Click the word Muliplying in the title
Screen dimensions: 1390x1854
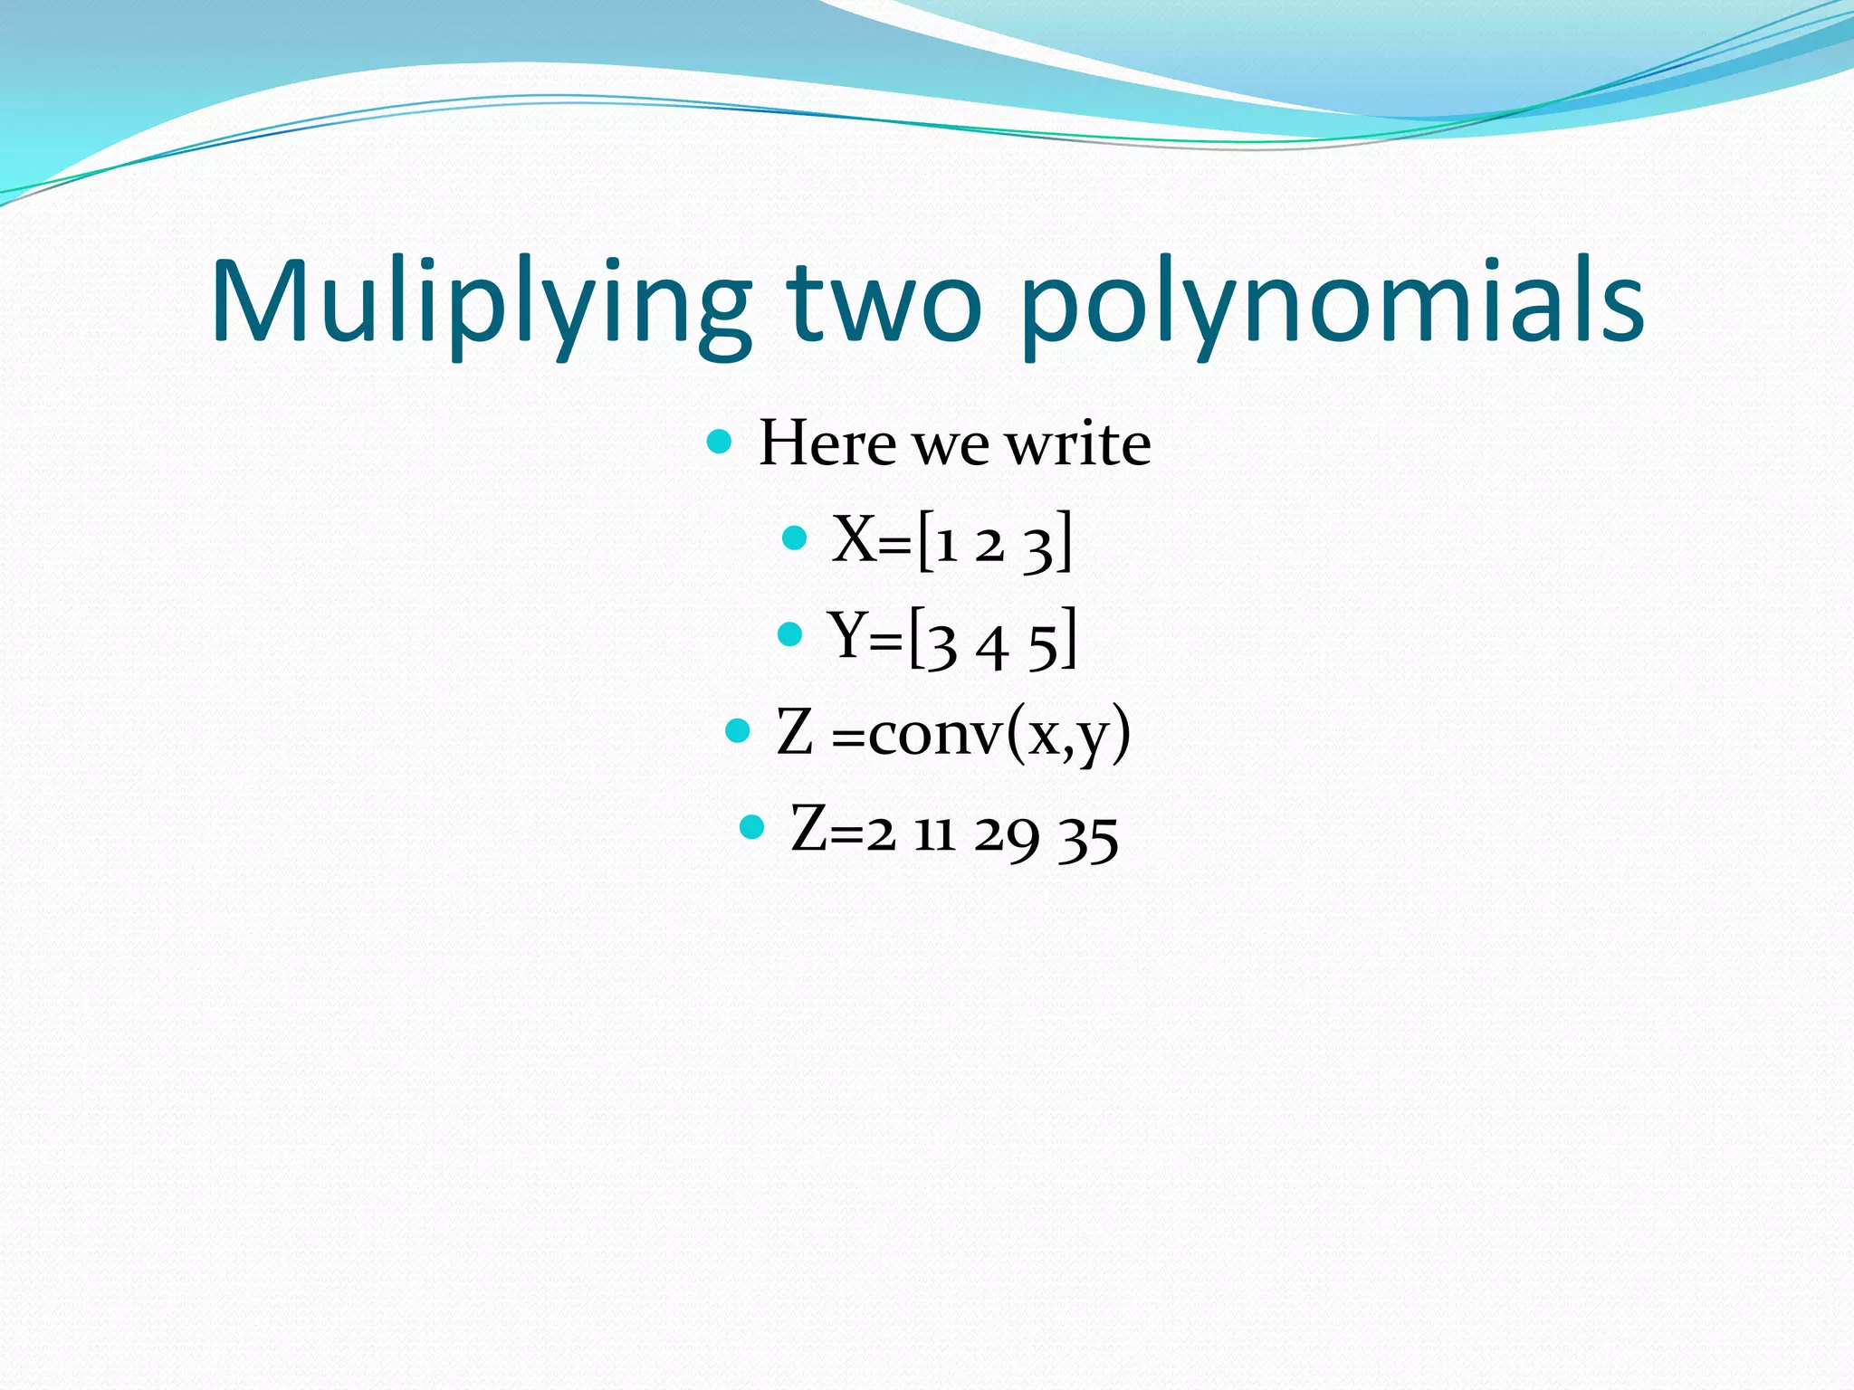click(x=481, y=302)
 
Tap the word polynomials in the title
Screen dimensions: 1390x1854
click(x=1332, y=302)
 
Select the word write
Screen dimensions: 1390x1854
click(x=1078, y=443)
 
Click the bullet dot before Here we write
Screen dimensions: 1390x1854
click(x=719, y=443)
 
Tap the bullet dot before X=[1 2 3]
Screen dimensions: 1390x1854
click(x=794, y=538)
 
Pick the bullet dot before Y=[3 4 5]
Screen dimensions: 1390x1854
click(x=790, y=634)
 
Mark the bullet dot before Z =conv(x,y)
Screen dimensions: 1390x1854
click(x=739, y=730)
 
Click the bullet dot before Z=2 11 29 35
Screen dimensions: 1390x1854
click(x=752, y=826)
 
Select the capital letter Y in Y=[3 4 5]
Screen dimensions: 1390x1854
click(x=848, y=635)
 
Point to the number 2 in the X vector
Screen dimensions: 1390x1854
click(x=989, y=545)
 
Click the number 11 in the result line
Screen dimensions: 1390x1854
click(x=934, y=833)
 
